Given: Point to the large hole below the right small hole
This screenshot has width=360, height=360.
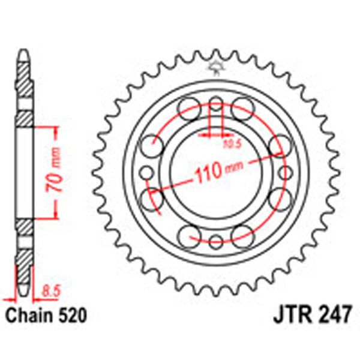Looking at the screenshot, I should (280, 199).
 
